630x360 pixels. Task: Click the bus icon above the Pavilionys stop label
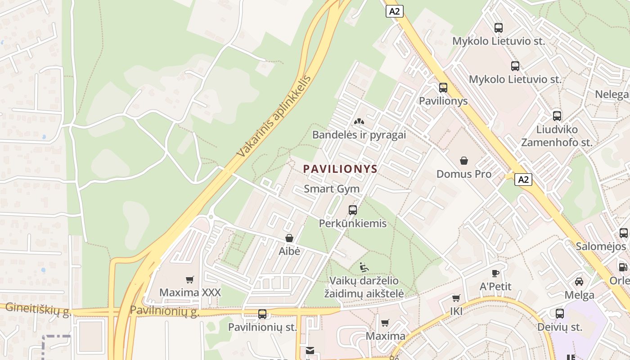443,88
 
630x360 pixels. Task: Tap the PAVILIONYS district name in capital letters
340,169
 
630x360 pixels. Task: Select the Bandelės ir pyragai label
359,135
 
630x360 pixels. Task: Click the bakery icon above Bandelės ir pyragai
359,121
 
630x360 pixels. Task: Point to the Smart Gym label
332,189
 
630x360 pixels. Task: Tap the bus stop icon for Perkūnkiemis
353,210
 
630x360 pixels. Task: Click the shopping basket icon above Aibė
289,238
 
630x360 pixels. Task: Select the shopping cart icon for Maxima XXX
190,280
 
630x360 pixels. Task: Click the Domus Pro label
464,174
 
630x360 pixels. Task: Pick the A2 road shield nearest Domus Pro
523,180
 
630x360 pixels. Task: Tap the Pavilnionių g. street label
164,311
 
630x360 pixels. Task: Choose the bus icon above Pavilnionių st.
262,314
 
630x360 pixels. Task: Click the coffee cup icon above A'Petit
495,273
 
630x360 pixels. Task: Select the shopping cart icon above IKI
456,298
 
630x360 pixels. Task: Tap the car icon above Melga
579,282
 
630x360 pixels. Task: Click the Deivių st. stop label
559,327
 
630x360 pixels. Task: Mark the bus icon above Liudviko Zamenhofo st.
557,116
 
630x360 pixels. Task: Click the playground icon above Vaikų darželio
364,268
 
